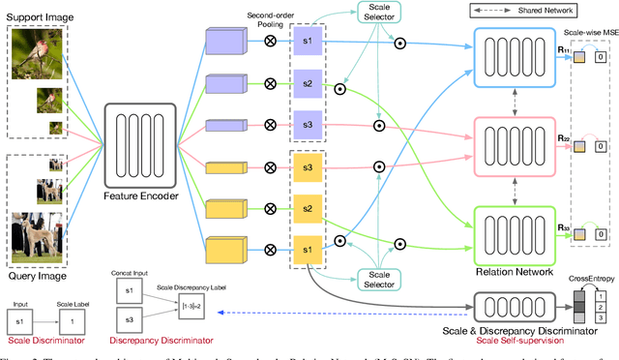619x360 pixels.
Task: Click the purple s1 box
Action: tap(307, 47)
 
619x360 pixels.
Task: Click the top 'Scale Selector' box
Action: tap(377, 13)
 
